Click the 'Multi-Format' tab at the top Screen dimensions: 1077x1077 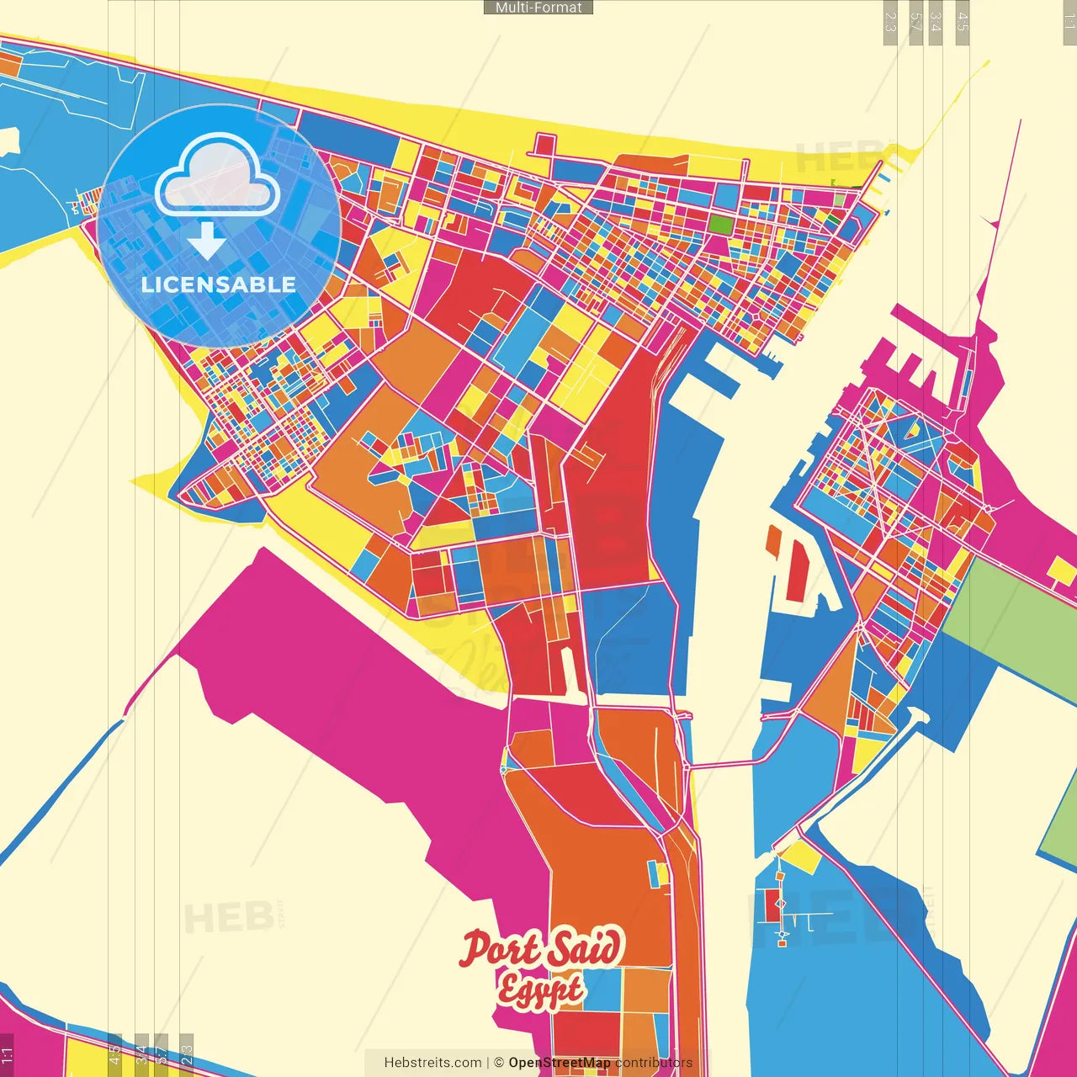click(538, 8)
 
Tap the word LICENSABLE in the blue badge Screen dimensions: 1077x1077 click(218, 284)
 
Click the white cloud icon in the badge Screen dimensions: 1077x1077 click(217, 178)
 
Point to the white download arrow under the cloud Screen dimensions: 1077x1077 click(206, 241)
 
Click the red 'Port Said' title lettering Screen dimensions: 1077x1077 click(541, 948)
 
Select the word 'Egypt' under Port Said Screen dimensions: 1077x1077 click(539, 989)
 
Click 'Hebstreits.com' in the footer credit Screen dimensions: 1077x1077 click(432, 1063)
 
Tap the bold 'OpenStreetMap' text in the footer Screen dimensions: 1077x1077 click(560, 1063)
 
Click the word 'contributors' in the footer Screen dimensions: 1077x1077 click(654, 1063)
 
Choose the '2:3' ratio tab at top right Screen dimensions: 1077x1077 click(890, 22)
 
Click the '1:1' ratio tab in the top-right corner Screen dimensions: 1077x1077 click(1069, 20)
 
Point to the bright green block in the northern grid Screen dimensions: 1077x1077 click(720, 224)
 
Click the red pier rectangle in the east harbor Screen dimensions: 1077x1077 click(795, 570)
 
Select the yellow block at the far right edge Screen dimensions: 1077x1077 click(1062, 572)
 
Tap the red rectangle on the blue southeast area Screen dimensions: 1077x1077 click(771, 905)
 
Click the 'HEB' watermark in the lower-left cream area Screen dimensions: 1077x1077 click(227, 918)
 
